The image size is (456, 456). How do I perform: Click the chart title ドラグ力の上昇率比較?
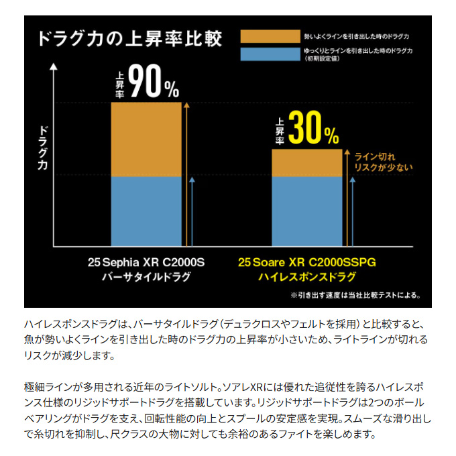point(131,38)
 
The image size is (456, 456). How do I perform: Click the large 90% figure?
point(153,82)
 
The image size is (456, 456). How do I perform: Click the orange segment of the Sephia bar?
point(146,139)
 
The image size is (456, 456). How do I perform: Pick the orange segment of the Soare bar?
point(306,163)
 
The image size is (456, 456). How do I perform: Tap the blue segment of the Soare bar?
point(306,211)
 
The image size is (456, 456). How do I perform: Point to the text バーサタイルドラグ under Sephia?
point(145,277)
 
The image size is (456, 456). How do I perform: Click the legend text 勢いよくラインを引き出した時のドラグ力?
point(356,36)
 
